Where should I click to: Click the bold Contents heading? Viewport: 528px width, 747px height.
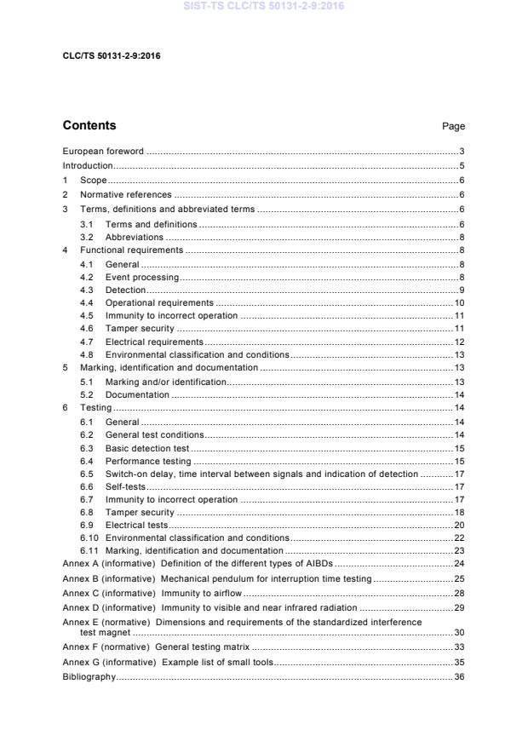point(89,126)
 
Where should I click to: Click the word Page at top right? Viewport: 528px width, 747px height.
point(453,127)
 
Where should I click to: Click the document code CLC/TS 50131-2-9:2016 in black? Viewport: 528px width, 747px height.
point(112,56)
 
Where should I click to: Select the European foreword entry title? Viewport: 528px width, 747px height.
point(103,152)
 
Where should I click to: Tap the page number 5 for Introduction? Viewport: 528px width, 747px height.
point(461,166)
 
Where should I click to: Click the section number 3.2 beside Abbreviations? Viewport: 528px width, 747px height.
point(87,238)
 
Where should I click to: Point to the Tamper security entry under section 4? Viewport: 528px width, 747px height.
point(140,329)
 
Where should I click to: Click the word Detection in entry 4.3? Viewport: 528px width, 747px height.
point(125,290)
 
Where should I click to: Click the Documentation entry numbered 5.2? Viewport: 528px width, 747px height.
point(137,395)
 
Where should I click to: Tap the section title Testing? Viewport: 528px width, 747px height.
point(95,408)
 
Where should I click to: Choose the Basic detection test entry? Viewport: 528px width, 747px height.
point(147,448)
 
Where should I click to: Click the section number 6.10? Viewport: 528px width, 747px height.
point(89,538)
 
